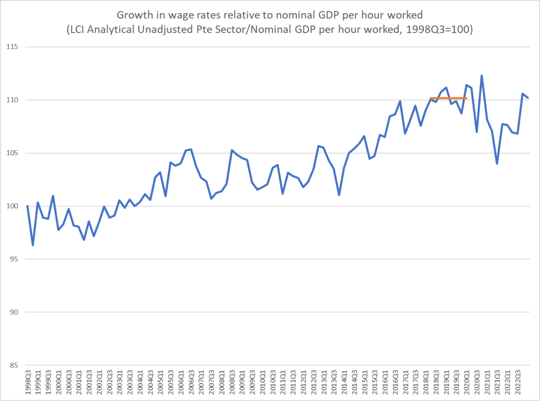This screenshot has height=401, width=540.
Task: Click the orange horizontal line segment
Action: coord(448,98)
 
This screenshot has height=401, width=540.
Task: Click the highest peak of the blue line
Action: coord(481,75)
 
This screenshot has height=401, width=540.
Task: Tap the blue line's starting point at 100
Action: coord(27,206)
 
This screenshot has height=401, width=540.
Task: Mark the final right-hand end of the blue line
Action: coord(528,97)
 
